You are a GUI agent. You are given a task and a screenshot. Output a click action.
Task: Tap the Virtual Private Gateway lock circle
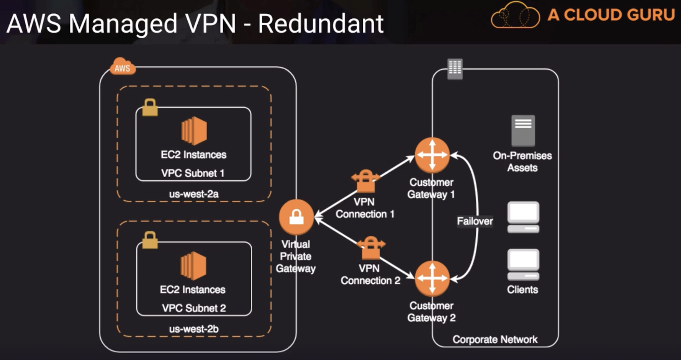click(x=296, y=217)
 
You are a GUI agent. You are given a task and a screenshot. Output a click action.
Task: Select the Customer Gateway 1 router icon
click(x=432, y=155)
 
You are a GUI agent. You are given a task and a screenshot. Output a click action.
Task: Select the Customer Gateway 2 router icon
click(x=432, y=278)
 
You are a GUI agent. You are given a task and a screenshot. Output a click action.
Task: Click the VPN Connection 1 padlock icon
click(x=365, y=181)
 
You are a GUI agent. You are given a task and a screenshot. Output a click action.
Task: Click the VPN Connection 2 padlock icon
click(x=371, y=248)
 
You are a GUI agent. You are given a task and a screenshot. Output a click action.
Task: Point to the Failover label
click(x=475, y=221)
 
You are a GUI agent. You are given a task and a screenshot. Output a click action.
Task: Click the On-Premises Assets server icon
click(x=523, y=130)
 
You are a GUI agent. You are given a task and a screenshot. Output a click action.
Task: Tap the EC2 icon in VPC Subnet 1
click(x=194, y=131)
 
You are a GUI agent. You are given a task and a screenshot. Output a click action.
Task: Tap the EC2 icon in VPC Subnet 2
click(x=193, y=266)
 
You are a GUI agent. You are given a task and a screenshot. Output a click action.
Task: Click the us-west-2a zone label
click(x=194, y=194)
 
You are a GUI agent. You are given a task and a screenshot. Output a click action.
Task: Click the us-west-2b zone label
click(x=194, y=329)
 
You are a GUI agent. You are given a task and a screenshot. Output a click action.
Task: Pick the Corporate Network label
click(x=495, y=339)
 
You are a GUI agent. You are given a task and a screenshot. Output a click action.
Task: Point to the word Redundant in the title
click(x=321, y=24)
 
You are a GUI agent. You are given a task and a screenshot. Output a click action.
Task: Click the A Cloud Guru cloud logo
click(x=515, y=15)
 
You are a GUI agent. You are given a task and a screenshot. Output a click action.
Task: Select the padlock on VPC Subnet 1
click(x=150, y=108)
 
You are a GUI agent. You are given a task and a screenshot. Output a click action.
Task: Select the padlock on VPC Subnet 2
click(x=150, y=240)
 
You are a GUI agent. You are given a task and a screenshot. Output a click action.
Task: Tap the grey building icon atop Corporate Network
click(x=455, y=69)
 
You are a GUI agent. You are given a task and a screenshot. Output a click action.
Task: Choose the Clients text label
click(x=522, y=290)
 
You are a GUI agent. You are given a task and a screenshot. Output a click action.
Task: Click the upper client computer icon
click(x=523, y=217)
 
